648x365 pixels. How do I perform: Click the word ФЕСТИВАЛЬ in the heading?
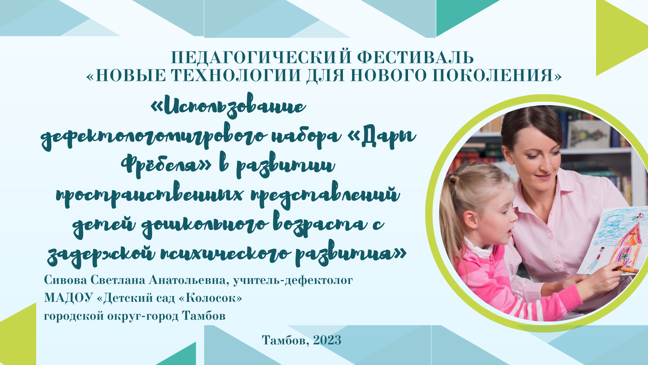tap(415, 57)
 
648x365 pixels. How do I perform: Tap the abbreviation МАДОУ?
tap(68, 298)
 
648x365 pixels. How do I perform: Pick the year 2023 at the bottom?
tap(327, 340)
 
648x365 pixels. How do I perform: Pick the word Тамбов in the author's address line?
tap(204, 316)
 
